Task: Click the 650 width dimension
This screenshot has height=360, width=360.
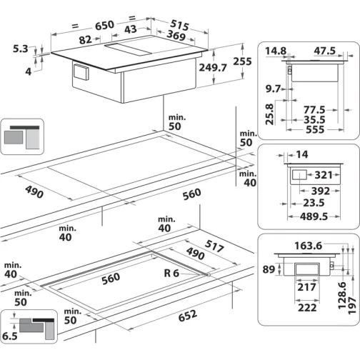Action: pyautogui.click(x=105, y=25)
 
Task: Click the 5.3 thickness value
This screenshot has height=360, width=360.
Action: pyautogui.click(x=21, y=49)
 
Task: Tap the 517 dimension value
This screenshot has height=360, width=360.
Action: pyautogui.click(x=214, y=246)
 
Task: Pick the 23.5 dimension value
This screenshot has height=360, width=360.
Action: pyautogui.click(x=307, y=202)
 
